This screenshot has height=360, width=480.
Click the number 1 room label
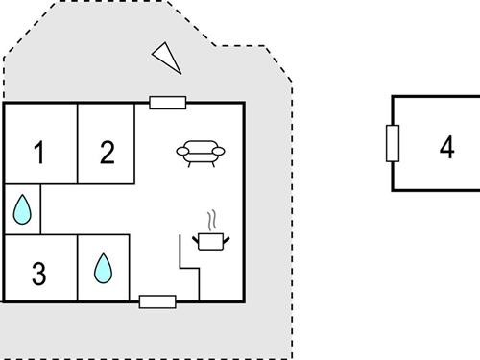(39, 152)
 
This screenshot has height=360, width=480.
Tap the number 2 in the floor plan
(108, 152)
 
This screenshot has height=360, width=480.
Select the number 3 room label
(38, 274)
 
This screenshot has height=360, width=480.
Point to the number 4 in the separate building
(446, 148)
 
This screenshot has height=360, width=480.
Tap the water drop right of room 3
(102, 268)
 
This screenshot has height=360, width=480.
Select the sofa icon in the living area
(201, 152)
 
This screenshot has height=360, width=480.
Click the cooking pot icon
(209, 239)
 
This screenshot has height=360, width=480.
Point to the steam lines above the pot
(211, 219)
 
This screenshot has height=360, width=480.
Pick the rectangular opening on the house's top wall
(167, 102)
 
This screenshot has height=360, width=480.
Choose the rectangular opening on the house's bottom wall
(157, 301)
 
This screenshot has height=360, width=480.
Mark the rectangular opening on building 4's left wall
(392, 144)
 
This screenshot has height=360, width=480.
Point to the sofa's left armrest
(181, 151)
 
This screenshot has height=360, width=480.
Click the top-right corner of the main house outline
(244, 103)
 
